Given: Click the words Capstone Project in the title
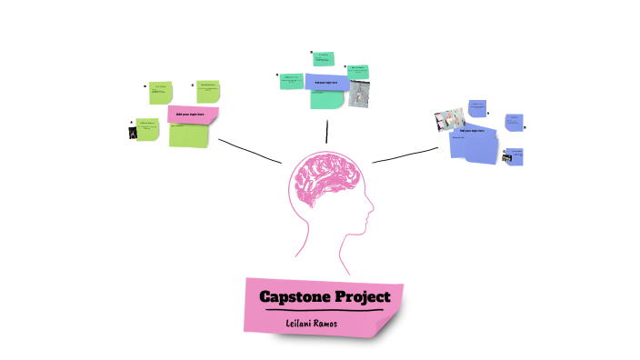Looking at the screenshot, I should pos(325,296).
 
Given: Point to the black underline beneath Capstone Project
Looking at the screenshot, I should pos(324,311).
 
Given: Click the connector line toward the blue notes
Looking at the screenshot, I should pos(405,155).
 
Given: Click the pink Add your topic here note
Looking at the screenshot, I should pos(193,115).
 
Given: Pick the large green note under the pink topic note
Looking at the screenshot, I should pos(191,135).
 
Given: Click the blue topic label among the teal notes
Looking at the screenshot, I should pos(325,83).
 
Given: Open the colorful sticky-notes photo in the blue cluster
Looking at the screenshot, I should pos(450,120).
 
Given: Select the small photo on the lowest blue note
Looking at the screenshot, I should pos(506,157).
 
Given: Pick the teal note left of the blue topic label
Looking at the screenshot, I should pos(292,81).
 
